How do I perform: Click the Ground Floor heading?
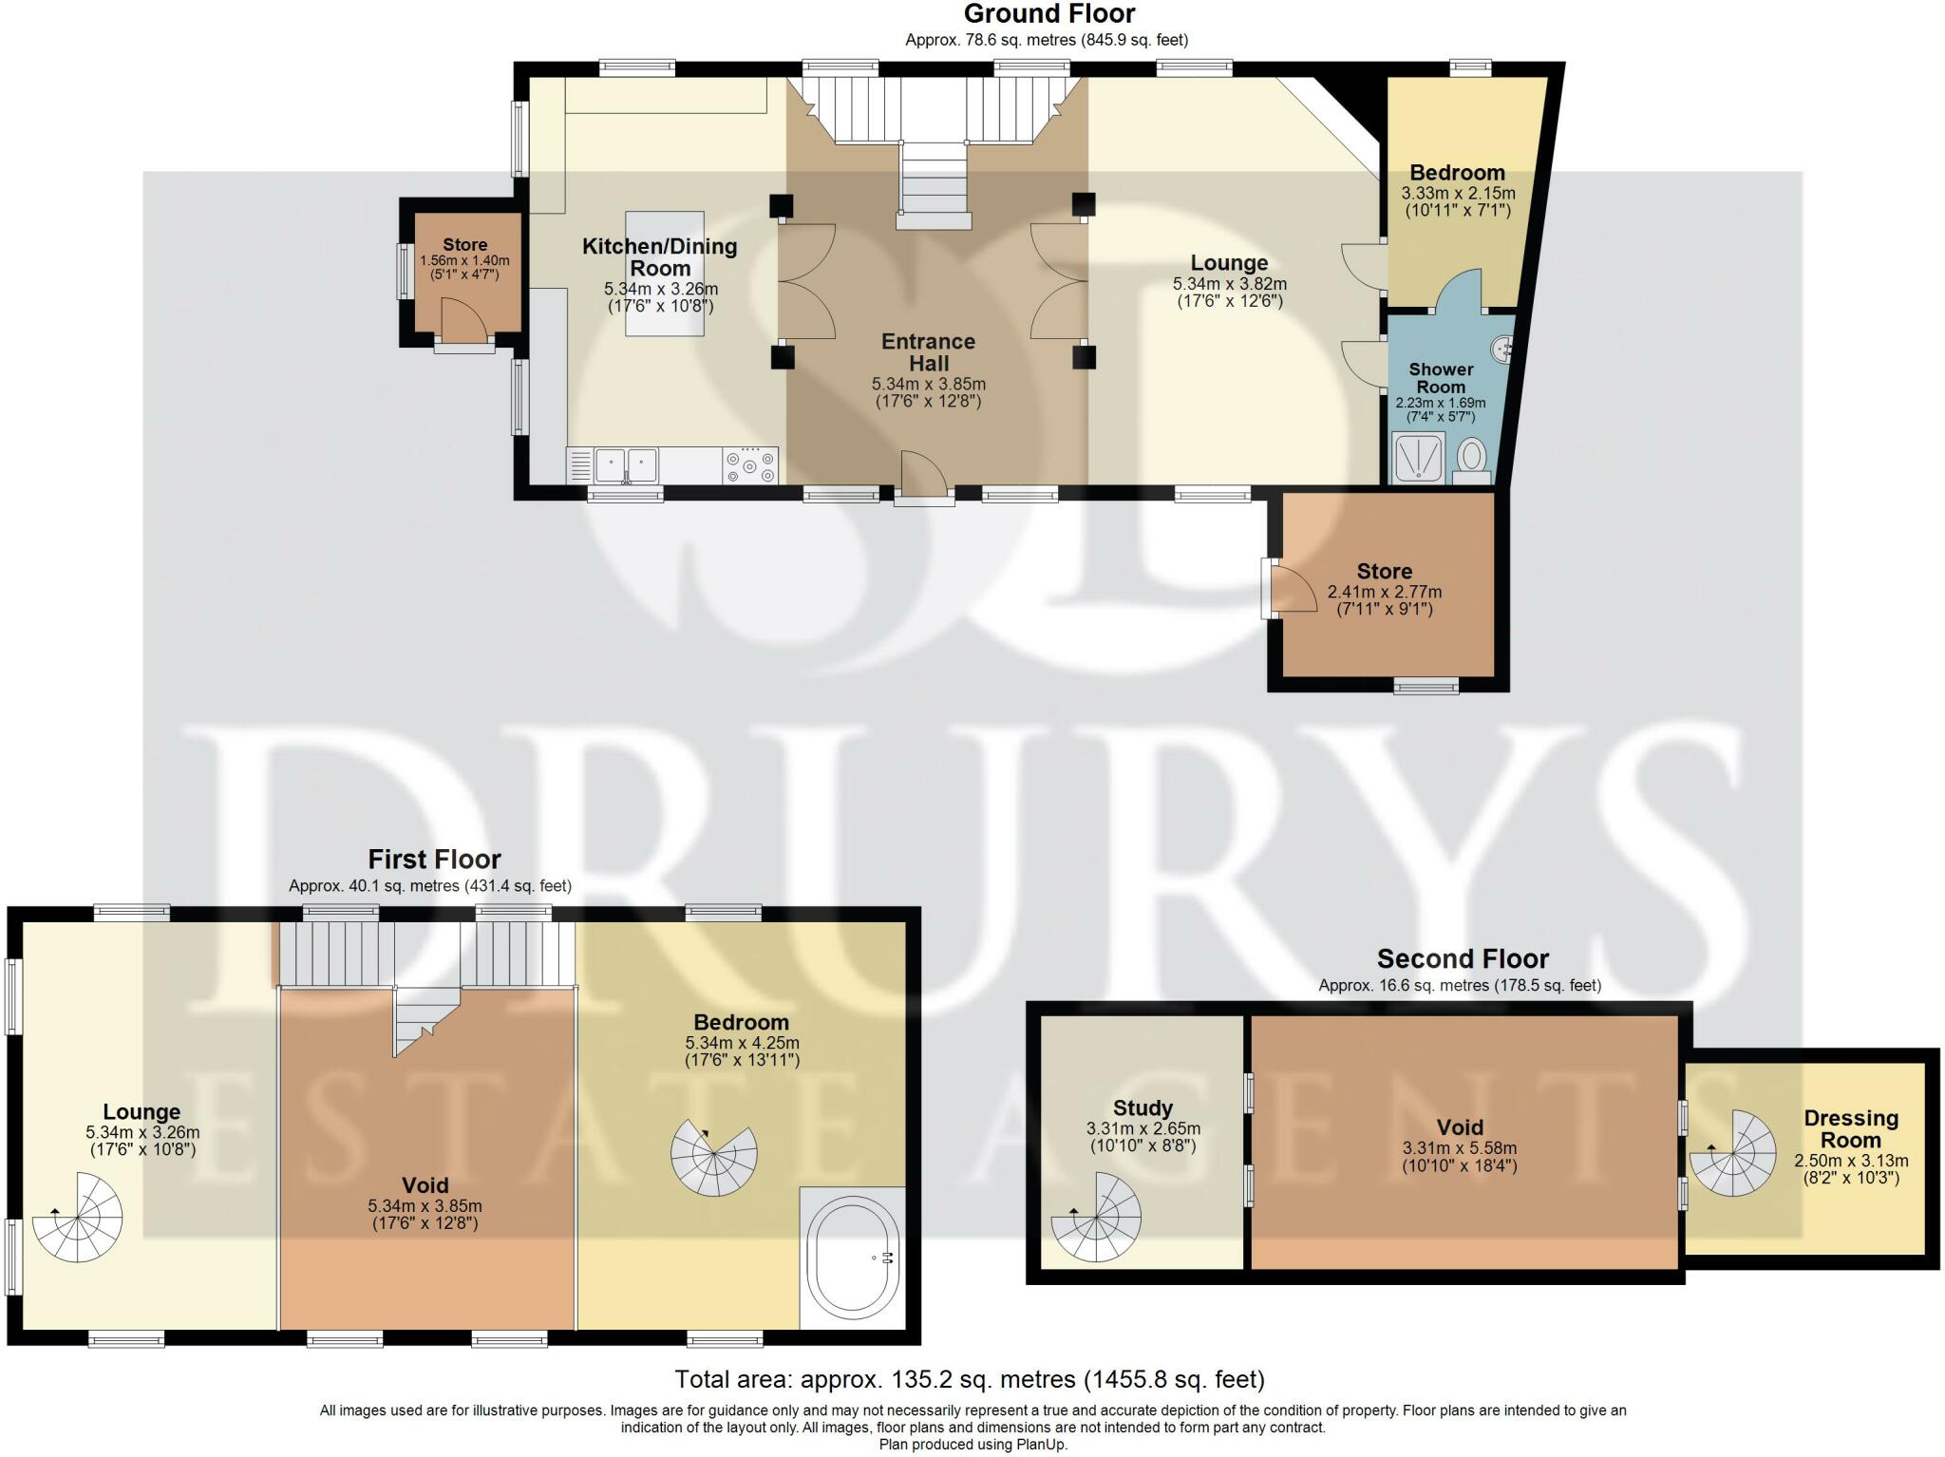(1048, 14)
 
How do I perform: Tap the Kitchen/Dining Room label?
(659, 256)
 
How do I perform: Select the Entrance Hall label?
(928, 352)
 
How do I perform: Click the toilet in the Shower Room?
(1471, 458)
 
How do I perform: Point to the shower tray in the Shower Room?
(1418, 458)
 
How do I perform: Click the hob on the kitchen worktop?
(750, 466)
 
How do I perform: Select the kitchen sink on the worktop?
(627, 465)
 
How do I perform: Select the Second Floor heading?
(1462, 958)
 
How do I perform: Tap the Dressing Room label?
(1850, 1129)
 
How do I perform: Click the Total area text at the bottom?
(969, 1378)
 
